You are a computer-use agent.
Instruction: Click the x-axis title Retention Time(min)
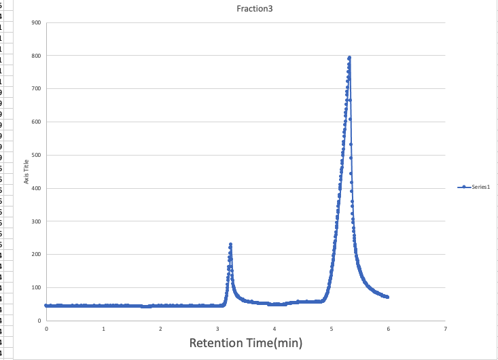coord(245,342)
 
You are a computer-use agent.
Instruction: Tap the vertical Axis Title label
coord(26,171)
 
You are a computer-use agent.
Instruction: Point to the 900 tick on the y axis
coord(36,22)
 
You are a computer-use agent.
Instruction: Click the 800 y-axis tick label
coord(36,56)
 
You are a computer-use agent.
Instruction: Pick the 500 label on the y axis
coord(36,155)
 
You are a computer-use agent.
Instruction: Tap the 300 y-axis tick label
coord(36,221)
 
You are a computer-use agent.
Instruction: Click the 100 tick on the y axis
coord(36,288)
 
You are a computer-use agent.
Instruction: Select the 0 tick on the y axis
coord(39,321)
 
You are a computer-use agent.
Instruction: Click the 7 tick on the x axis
coord(445,329)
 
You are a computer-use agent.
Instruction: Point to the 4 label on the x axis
coord(274,329)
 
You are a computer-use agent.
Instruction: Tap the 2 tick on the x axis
coord(160,329)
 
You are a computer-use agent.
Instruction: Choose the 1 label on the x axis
coord(103,329)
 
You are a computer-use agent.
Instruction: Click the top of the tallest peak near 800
coord(349,58)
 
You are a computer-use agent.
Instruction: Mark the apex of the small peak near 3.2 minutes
coord(230,244)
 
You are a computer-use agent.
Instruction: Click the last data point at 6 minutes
coord(387,297)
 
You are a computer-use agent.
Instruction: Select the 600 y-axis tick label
coord(36,122)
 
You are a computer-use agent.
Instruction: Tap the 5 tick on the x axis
coord(332,329)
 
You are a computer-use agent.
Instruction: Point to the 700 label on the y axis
coord(36,89)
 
